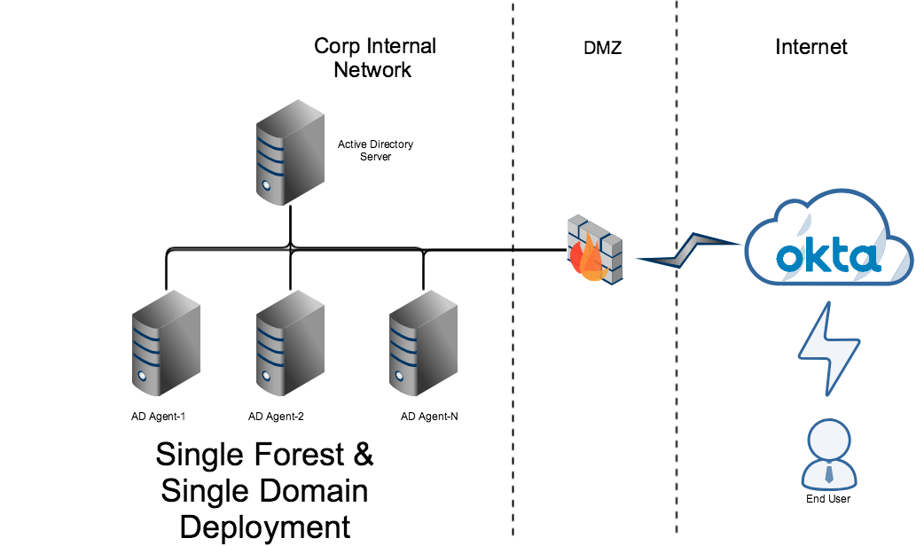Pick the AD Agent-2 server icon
click(288, 346)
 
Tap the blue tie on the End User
click(828, 473)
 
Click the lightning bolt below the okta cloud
click(828, 348)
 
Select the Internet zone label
click(811, 47)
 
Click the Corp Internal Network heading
click(374, 58)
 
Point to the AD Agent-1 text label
click(157, 416)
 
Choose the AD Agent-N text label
click(429, 416)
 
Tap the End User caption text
click(828, 499)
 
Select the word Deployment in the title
click(265, 526)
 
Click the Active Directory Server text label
click(375, 150)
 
